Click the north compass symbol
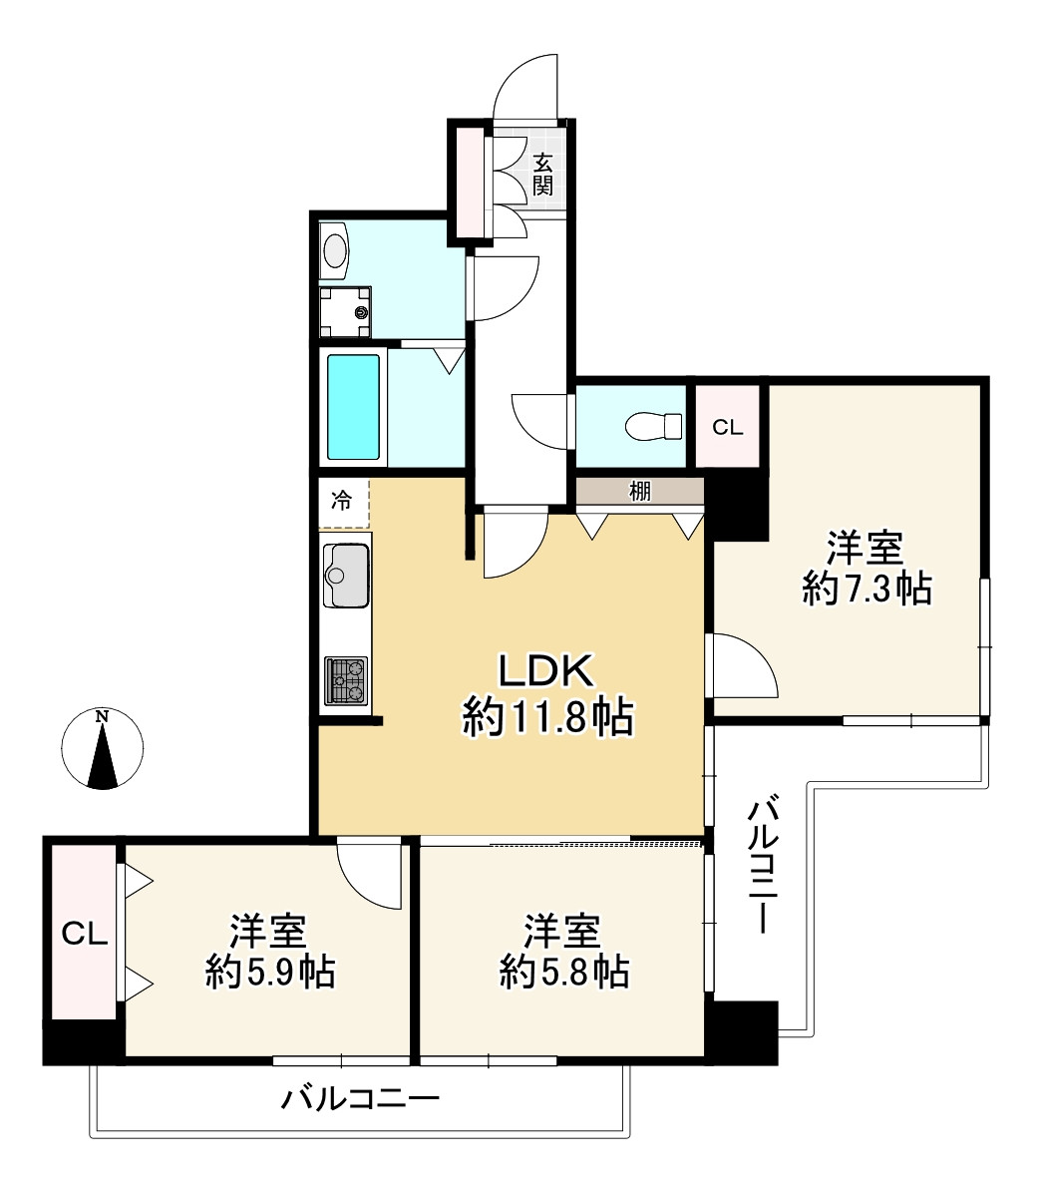(102, 748)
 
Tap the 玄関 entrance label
(543, 174)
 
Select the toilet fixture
(653, 427)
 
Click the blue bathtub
(354, 405)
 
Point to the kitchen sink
(345, 574)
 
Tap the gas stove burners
(345, 681)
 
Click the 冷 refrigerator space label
(342, 501)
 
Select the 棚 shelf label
(640, 491)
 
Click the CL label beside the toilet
(727, 428)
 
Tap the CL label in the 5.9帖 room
(85, 934)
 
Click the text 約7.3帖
(866, 590)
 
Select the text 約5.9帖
(269, 970)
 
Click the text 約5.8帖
(563, 970)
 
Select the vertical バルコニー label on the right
(764, 864)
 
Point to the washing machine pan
(345, 312)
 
